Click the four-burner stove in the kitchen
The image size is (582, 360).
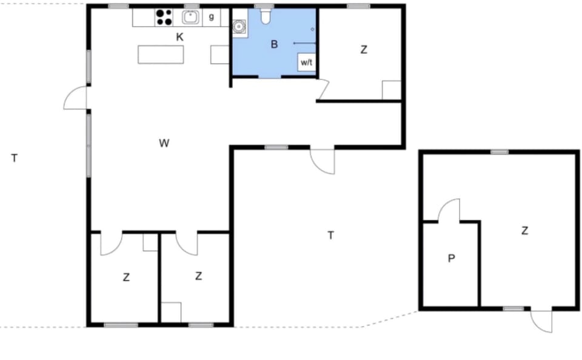pos(164,18)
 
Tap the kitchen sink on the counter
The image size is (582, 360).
pos(190,17)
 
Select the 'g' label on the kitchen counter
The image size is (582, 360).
pos(212,17)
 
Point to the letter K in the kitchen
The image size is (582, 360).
pos(179,37)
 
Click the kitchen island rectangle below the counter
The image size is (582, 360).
pos(161,55)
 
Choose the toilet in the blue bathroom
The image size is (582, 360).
pos(266,16)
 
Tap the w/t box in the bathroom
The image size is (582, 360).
pos(306,62)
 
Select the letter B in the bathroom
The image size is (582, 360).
pos(274,44)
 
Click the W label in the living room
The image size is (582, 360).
pos(164,143)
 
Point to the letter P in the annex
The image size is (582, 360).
pos(451,258)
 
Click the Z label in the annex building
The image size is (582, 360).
pos(524,231)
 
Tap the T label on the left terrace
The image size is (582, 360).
pos(15,158)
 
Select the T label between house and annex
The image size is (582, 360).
pos(331,235)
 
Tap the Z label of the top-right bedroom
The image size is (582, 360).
pos(364,50)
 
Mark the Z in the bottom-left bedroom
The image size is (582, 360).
pos(126,277)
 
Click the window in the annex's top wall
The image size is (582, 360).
pos(500,152)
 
